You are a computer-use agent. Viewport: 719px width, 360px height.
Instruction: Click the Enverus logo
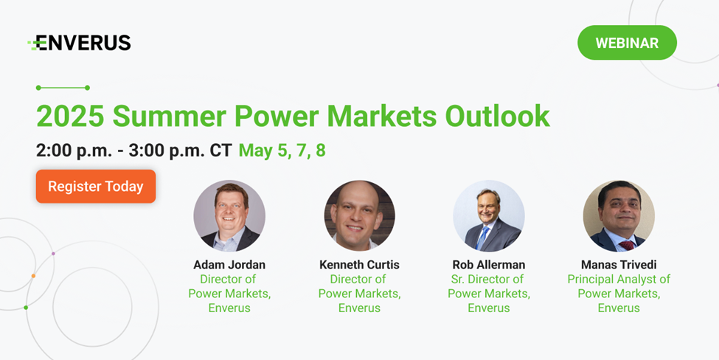(x=79, y=43)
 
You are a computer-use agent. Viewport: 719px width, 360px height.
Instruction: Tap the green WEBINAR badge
(x=627, y=43)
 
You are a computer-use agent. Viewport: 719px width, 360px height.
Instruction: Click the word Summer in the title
(x=169, y=116)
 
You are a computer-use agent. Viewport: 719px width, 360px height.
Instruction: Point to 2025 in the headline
(x=70, y=116)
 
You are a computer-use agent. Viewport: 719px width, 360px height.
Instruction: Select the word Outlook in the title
(x=497, y=116)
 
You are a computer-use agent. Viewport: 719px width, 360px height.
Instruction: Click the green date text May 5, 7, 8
(x=282, y=150)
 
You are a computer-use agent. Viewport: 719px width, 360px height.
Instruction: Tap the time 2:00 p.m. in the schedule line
(x=74, y=150)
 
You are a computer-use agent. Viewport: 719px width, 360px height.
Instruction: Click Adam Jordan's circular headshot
(x=229, y=215)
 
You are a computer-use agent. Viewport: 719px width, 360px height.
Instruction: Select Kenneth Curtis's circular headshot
(x=360, y=215)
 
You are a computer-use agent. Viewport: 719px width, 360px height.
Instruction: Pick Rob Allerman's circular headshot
(x=489, y=215)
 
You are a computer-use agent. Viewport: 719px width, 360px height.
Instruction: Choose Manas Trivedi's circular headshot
(x=619, y=215)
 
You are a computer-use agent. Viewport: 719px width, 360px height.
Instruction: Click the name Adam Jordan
(x=229, y=265)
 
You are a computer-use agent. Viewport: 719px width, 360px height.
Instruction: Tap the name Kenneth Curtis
(x=360, y=265)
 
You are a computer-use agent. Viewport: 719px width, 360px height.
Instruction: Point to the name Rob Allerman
(x=489, y=265)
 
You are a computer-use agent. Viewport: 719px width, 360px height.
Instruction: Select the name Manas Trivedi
(x=619, y=265)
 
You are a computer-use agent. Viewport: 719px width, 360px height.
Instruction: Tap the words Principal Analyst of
(x=619, y=279)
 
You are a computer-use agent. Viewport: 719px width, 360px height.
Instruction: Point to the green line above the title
(x=63, y=88)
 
